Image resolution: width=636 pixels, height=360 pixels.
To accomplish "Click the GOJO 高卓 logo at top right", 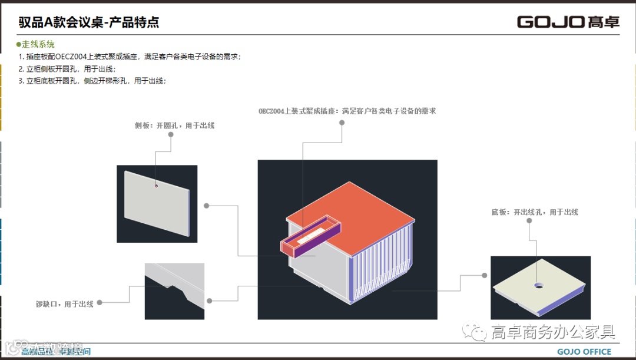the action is click(568, 22).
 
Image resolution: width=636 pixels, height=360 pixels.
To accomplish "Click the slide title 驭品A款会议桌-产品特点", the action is click(89, 23).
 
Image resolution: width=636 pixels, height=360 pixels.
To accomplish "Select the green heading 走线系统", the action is click(38, 45).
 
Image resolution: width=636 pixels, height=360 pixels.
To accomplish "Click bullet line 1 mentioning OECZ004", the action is click(130, 57).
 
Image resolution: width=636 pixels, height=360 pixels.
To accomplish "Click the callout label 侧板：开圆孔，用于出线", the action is click(174, 125).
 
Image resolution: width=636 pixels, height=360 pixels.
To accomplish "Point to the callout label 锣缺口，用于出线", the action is click(65, 304).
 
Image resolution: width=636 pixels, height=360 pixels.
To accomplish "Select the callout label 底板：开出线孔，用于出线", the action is click(535, 212).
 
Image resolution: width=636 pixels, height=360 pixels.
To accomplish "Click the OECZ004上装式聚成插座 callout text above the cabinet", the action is click(347, 111).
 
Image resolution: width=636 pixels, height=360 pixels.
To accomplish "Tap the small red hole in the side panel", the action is click(156, 186).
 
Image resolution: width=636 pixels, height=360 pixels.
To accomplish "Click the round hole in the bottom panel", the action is click(539, 285).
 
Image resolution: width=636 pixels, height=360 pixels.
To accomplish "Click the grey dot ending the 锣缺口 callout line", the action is click(100, 303).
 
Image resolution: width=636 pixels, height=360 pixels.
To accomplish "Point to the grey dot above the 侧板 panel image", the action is click(171, 134).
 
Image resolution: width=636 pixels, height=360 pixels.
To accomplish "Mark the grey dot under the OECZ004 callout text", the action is click(342, 124).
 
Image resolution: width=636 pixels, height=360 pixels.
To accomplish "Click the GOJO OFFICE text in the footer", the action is click(584, 352).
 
